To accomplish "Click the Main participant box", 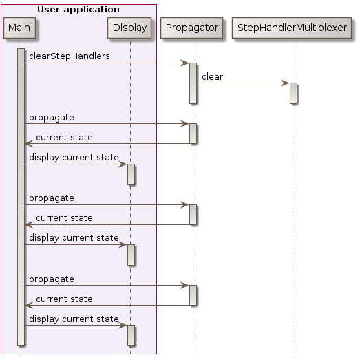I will coord(21,28).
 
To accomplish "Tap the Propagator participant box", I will coord(193,28).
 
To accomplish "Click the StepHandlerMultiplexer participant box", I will coord(293,28).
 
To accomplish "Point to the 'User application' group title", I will coord(78,10).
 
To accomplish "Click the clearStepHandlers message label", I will coord(69,56).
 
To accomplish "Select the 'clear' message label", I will coord(212,76).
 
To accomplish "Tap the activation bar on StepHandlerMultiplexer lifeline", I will coord(293,93).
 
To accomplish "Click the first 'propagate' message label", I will coord(51,117).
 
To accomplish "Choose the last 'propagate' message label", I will coord(51,279).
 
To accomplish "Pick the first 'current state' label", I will coord(63,137).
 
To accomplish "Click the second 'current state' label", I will coord(63,218).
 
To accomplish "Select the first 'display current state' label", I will coord(73,158).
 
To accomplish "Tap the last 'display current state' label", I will coord(73,319).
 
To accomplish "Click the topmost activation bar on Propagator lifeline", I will coord(193,83).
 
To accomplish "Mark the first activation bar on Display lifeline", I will coord(130,174).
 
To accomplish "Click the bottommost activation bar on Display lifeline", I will coord(130,335).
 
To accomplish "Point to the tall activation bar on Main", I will coord(21,200).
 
